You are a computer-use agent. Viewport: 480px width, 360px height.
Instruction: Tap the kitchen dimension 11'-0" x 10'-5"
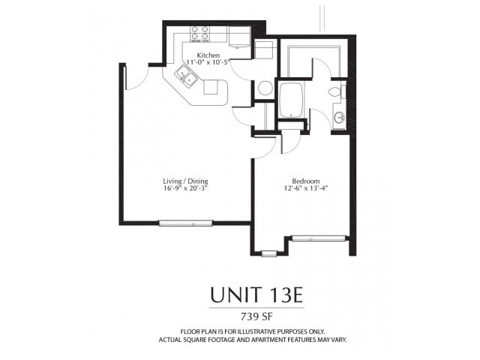(x=208, y=64)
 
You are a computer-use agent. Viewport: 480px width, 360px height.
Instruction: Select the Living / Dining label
(x=185, y=181)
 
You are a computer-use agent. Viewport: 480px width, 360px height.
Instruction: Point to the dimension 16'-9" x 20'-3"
(x=185, y=189)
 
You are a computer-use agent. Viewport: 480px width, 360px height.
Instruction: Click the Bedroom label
(x=306, y=181)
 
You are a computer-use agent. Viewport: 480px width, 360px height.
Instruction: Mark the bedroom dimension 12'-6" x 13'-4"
(x=306, y=189)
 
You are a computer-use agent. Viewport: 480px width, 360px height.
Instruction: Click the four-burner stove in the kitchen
(x=199, y=33)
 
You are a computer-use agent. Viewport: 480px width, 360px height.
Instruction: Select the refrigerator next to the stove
(x=239, y=37)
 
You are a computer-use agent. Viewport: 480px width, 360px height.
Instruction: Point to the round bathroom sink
(x=339, y=118)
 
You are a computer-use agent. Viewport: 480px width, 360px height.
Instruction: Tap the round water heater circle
(x=265, y=88)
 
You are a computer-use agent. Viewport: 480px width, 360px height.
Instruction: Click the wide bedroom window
(x=318, y=238)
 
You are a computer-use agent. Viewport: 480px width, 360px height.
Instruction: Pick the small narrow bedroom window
(x=268, y=253)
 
